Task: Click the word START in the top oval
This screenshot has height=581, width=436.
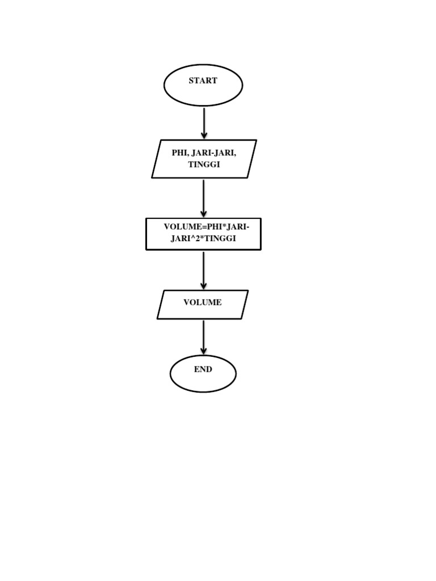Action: pos(203,81)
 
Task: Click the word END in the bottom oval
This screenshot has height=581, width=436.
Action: pos(203,369)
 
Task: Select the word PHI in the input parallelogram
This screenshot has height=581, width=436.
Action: pos(179,153)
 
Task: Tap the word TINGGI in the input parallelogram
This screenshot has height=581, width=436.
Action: pos(204,165)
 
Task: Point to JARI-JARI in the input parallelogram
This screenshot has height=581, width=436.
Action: pos(214,153)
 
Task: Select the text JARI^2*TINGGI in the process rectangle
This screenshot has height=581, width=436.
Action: pos(203,239)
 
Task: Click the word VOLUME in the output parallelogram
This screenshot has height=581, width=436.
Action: pos(202,302)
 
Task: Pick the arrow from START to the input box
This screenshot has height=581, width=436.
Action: pos(204,122)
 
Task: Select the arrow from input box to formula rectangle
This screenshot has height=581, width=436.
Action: pos(203,197)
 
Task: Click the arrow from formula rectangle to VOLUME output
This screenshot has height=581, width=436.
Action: pos(203,270)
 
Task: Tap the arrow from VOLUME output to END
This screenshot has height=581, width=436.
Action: pos(203,336)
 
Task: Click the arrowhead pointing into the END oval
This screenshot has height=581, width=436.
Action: pos(203,351)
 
